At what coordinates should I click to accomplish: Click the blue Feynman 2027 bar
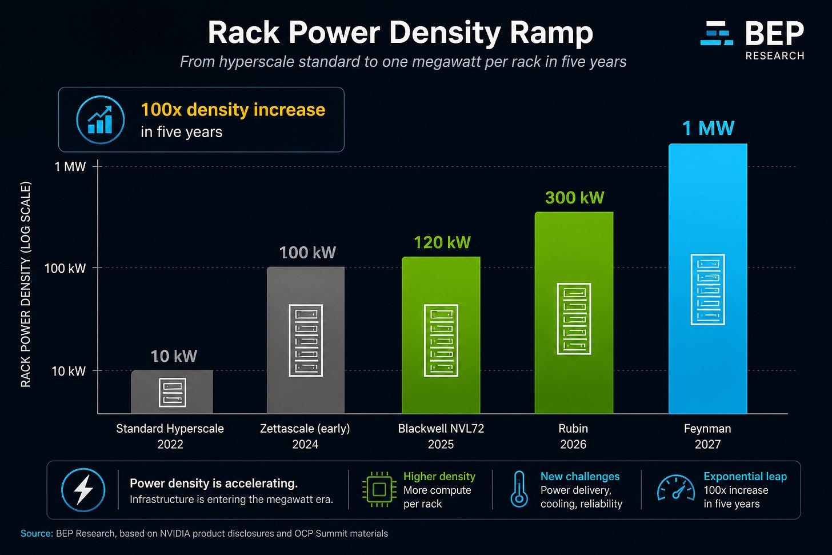707,278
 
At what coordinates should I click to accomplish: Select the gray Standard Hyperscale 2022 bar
172,392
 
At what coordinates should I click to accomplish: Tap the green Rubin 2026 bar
574,313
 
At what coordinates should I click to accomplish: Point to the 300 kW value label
575,198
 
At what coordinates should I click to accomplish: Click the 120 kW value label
442,242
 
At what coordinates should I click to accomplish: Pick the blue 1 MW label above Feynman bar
709,128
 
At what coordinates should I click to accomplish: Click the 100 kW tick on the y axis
65,268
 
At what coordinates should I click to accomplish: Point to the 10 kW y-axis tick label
69,371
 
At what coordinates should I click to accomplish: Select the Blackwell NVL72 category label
441,428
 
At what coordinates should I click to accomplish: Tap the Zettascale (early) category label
305,428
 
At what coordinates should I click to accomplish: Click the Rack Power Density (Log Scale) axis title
26,285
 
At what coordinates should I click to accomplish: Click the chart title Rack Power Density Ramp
400,33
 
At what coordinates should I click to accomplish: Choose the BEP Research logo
753,40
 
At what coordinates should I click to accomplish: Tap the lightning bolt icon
83,490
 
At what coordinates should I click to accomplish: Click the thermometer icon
519,489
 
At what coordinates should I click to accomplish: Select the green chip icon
379,489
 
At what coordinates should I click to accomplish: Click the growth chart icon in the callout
101,119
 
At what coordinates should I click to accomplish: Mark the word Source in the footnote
37,533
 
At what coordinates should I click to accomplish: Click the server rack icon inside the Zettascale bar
306,340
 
